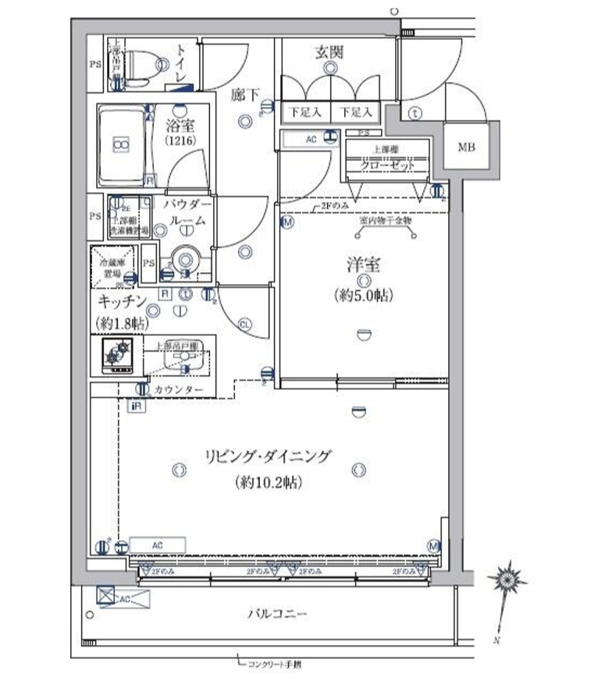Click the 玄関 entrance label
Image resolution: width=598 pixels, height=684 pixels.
[x=329, y=52]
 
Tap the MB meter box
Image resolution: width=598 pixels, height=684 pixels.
[x=466, y=147]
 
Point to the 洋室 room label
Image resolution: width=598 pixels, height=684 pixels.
[x=364, y=265]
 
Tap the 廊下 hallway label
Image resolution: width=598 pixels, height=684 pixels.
[x=244, y=95]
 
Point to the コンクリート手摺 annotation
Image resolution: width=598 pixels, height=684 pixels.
[x=274, y=665]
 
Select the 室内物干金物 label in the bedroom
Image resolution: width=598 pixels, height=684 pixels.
[x=386, y=221]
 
